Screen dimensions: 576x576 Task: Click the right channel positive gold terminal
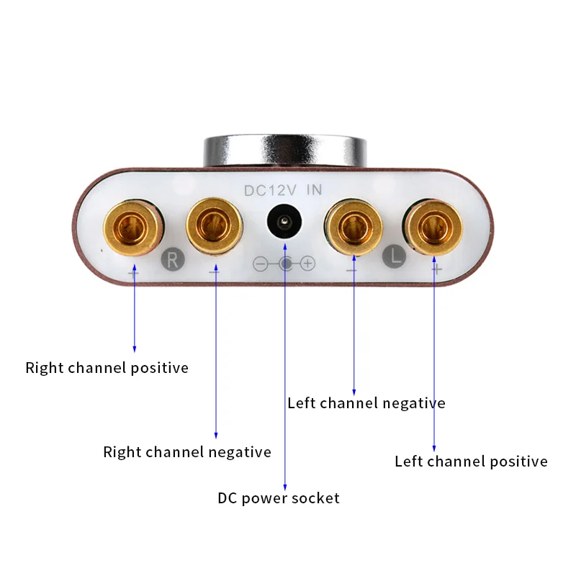(133, 228)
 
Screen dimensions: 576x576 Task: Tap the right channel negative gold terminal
(214, 225)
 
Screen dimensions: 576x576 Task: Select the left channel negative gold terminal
(354, 227)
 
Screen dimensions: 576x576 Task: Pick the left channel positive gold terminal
(433, 228)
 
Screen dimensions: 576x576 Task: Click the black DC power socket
(284, 222)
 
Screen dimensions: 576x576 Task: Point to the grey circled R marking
(172, 260)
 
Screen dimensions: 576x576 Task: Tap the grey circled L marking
(394, 256)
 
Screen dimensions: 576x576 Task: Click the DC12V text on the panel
(270, 191)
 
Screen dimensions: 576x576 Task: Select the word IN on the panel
(315, 190)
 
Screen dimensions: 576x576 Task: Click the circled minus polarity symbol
(261, 264)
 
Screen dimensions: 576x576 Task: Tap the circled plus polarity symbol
(308, 264)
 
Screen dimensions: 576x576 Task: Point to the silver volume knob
(285, 152)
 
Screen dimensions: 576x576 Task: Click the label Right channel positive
(107, 368)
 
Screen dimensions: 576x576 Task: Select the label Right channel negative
(187, 452)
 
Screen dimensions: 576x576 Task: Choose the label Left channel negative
(366, 403)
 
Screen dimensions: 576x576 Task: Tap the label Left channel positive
(471, 462)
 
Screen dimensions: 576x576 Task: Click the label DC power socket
(279, 498)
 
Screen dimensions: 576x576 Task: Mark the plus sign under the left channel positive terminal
(437, 270)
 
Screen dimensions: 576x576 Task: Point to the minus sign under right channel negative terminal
(214, 272)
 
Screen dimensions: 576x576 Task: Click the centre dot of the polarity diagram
(285, 264)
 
